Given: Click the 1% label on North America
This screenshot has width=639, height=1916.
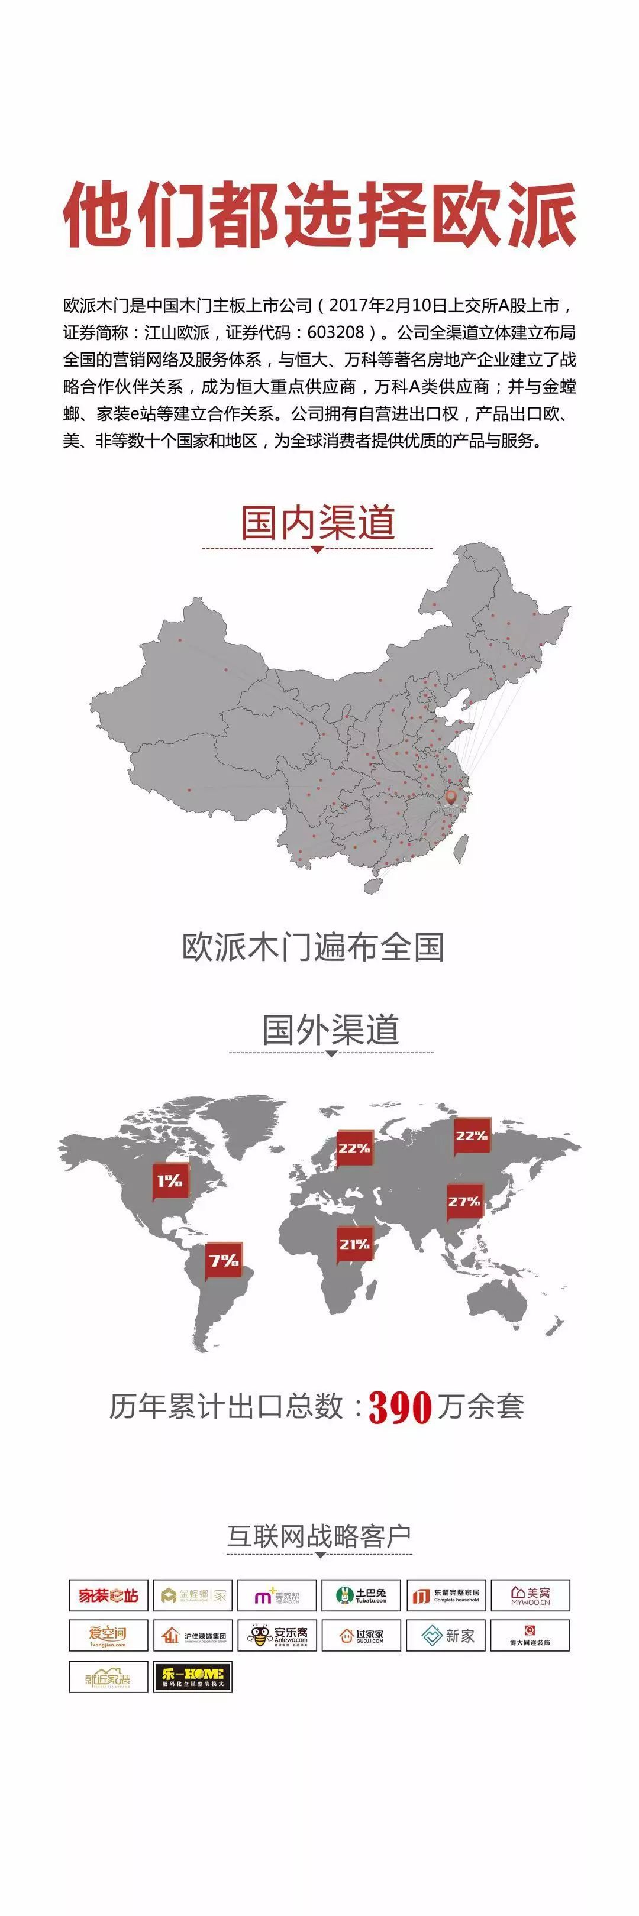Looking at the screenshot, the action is [x=170, y=1180].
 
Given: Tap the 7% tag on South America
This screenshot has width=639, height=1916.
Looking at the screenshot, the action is [x=223, y=1260].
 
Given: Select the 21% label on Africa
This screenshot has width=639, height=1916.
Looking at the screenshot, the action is [x=354, y=1244].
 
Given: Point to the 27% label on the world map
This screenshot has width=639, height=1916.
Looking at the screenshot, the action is [x=464, y=1201].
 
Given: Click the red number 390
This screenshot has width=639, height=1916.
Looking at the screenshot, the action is [x=399, y=1406].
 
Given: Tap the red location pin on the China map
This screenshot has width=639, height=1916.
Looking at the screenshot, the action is [x=451, y=798].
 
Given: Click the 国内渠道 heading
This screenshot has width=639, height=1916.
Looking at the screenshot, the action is [x=318, y=522].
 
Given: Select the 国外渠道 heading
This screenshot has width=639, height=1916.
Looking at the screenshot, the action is [x=330, y=1030].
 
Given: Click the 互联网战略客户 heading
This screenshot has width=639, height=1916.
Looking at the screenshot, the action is [x=319, y=1535].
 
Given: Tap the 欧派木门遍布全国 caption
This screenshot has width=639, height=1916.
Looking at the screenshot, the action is [x=313, y=946].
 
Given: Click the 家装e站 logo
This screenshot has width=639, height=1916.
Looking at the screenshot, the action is [x=109, y=1595].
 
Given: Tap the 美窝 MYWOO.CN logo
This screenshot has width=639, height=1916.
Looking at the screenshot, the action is [x=530, y=1595].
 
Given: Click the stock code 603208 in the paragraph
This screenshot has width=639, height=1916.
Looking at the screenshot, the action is [x=335, y=332].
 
